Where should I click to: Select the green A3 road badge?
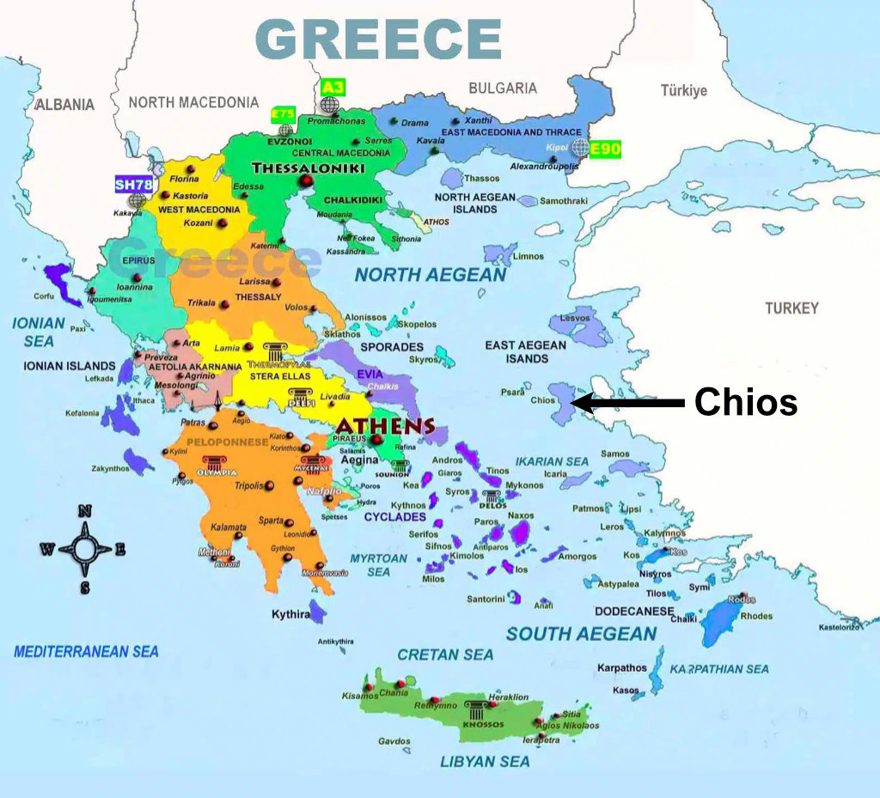click(332, 87)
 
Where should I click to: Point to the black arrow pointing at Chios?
click(627, 401)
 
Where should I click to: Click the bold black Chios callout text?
click(745, 401)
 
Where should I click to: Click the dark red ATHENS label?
click(385, 426)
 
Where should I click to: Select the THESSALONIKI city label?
click(296, 168)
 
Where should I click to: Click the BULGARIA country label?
click(503, 88)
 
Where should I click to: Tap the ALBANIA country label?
click(64, 104)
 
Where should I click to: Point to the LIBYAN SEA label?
click(486, 761)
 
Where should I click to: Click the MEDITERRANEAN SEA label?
click(86, 651)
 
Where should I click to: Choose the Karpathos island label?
click(622, 667)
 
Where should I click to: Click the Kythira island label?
click(290, 614)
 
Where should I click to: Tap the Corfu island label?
click(43, 296)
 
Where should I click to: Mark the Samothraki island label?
click(564, 201)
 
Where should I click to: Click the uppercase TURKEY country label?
click(791, 308)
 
